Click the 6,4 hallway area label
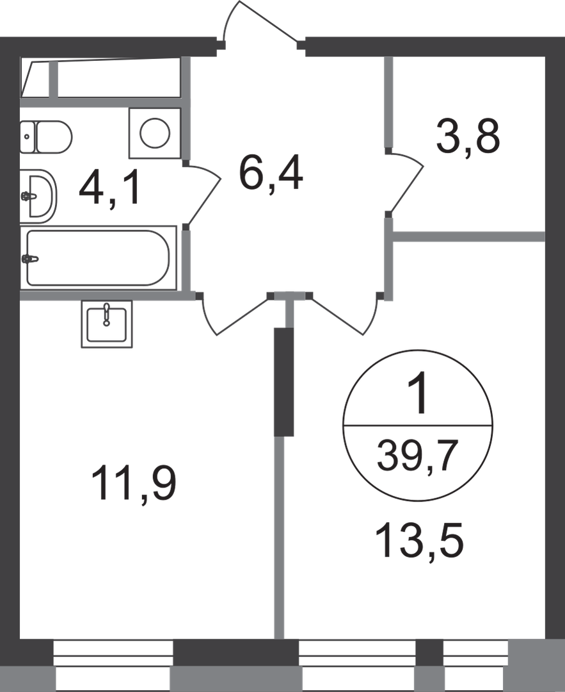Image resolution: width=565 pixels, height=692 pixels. coord(271,173)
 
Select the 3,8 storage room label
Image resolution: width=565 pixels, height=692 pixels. coord(468,136)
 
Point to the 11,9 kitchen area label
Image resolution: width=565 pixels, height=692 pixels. coord(134,485)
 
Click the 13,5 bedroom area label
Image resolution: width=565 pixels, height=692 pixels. coord(419,540)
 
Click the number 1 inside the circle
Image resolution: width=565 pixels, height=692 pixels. coord(417,392)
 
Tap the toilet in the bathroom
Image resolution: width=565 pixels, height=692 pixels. coord(46,137)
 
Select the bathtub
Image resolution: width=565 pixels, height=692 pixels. coord(98,258)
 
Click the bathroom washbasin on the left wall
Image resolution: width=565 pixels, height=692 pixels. coord(39,196)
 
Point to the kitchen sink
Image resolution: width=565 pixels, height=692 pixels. coord(107,324)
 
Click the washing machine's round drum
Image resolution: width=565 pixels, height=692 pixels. coord(155,133)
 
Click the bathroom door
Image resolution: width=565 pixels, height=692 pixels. coord(203,195)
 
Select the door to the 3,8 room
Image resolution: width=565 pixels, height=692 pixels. coord(406,182)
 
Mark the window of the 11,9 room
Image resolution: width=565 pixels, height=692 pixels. coord(113,666)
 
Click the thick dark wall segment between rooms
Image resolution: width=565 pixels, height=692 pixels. coord(284,382)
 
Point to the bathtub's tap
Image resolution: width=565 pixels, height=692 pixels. coord(29,259)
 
